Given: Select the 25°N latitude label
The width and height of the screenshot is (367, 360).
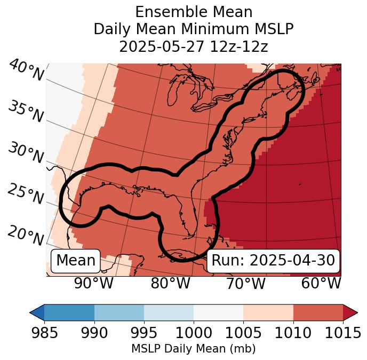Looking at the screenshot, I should (26, 194).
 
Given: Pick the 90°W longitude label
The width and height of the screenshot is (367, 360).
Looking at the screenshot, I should (93, 283).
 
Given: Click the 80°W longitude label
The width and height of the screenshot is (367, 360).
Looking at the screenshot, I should (171, 283).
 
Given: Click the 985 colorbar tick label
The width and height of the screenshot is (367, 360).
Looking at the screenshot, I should (44, 333).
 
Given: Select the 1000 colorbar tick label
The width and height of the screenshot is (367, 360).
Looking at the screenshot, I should (194, 333).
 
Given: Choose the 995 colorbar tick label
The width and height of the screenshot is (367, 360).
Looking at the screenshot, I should (144, 333).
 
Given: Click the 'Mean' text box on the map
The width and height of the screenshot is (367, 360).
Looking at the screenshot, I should (76, 261).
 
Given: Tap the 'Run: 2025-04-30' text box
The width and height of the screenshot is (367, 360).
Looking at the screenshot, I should (273, 261).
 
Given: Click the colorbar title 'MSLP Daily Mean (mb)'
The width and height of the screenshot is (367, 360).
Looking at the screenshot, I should (193, 349).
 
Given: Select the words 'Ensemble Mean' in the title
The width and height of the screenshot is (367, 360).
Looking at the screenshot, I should (194, 12).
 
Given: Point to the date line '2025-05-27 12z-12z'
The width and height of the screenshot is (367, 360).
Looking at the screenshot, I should (194, 46).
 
